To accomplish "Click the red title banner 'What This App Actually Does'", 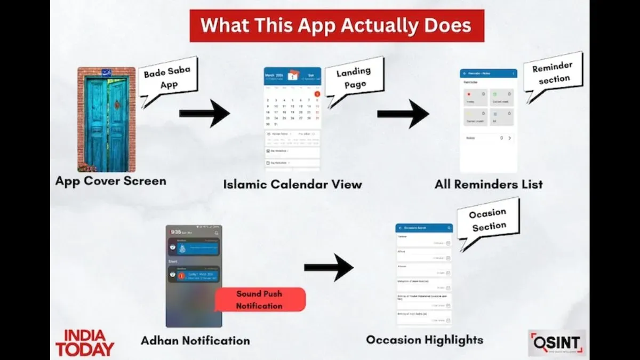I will click(337, 25).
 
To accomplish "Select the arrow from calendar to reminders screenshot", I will click(403, 113).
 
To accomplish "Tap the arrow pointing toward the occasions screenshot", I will click(329, 267).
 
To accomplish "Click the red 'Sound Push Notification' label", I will click(260, 300).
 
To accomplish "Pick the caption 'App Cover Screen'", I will click(111, 181).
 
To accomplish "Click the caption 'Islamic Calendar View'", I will click(292, 185).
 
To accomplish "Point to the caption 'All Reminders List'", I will click(489, 185).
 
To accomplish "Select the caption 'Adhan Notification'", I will click(195, 340).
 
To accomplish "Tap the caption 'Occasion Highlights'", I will click(425, 340).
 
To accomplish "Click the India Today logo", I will click(85, 343).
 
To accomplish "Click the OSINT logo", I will click(557, 343).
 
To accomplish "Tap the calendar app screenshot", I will click(292, 120).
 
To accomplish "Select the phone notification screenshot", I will click(194, 276).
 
